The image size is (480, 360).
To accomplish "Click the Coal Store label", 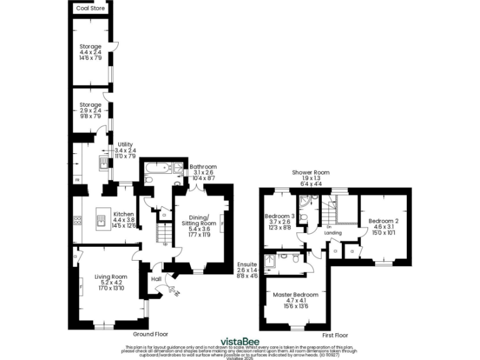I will click(90, 9).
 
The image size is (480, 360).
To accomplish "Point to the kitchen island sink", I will click(100, 219).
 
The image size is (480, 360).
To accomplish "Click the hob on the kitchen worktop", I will click(78, 220).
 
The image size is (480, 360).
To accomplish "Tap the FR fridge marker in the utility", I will click(77, 181).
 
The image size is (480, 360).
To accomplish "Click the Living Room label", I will click(111, 277).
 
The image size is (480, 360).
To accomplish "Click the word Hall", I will click(156, 279).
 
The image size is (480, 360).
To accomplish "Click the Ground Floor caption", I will click(150, 334).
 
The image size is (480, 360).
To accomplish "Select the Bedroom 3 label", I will click(279, 216).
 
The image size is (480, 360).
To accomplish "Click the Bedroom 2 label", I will click(383, 221).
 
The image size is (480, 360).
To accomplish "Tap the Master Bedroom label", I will click(296, 294).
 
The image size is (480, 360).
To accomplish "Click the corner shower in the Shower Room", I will click(306, 202).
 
